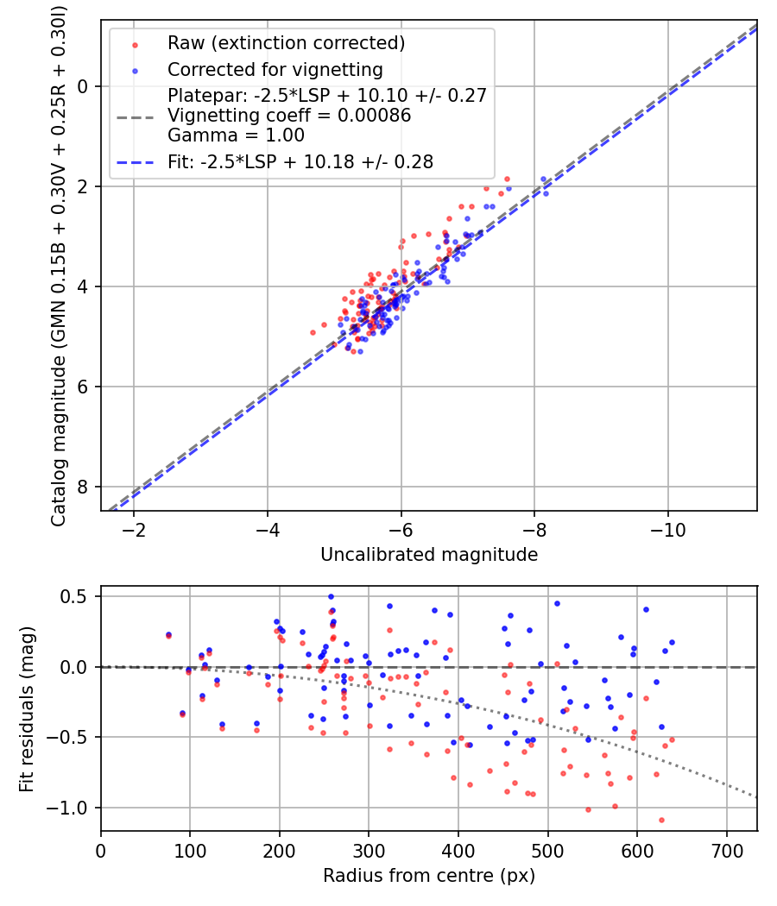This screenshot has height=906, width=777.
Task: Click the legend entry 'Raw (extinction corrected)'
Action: (x=286, y=43)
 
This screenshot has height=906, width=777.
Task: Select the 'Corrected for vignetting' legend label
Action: (x=275, y=69)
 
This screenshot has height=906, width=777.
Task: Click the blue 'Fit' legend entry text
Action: (x=300, y=161)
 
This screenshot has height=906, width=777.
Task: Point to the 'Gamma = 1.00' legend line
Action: (x=236, y=135)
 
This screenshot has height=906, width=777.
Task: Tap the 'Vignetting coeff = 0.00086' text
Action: (x=289, y=116)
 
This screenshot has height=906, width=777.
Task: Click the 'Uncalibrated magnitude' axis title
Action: (x=429, y=555)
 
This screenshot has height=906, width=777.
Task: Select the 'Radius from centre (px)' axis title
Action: (x=429, y=876)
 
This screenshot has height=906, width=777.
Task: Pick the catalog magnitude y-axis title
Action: (x=59, y=264)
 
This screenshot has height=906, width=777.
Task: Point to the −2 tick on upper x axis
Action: (x=134, y=528)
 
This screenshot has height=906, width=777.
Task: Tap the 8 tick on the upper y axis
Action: (x=84, y=487)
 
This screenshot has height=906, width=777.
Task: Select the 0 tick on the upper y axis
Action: (x=84, y=86)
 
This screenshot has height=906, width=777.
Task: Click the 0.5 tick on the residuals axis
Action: (x=79, y=596)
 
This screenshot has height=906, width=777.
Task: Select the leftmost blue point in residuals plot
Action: (x=168, y=634)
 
